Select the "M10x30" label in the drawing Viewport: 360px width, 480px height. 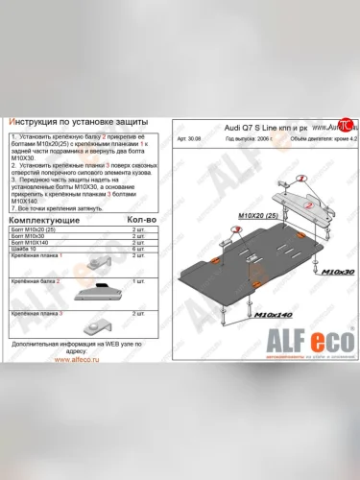[337, 273]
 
